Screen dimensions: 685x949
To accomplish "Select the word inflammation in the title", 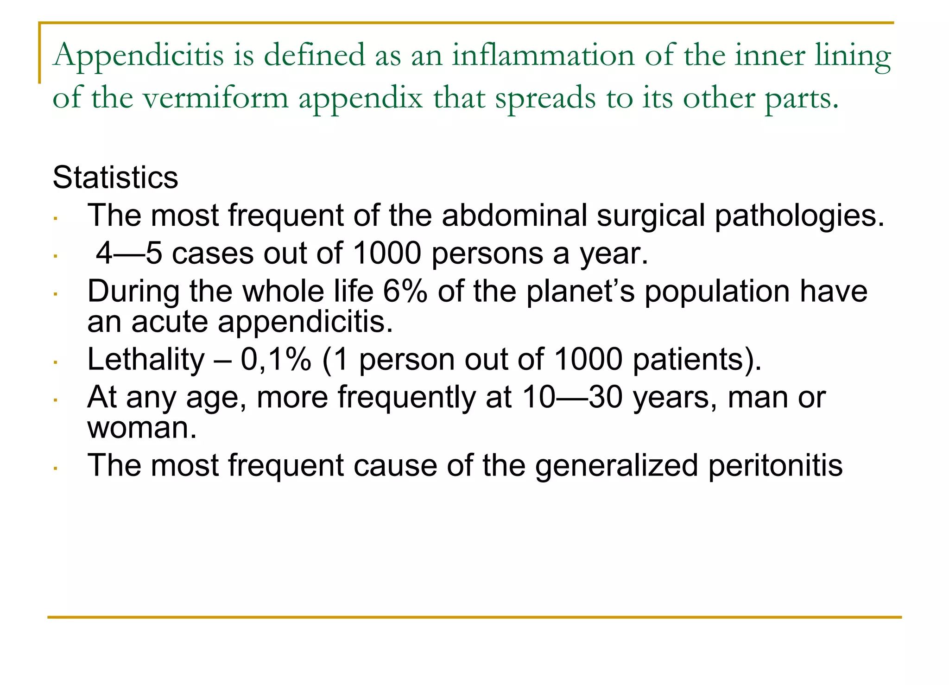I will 543,56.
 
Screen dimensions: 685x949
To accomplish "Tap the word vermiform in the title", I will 215,98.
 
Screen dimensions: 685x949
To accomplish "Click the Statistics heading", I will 115,178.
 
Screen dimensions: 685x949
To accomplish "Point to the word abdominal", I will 514,216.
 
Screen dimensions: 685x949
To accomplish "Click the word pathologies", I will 799,216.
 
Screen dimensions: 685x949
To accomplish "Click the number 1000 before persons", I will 387,254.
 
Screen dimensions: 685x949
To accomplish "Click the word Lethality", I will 146,360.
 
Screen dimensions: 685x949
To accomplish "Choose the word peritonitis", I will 775,465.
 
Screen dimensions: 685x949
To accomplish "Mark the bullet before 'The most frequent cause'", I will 55,468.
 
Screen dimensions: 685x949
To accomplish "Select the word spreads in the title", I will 545,98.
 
